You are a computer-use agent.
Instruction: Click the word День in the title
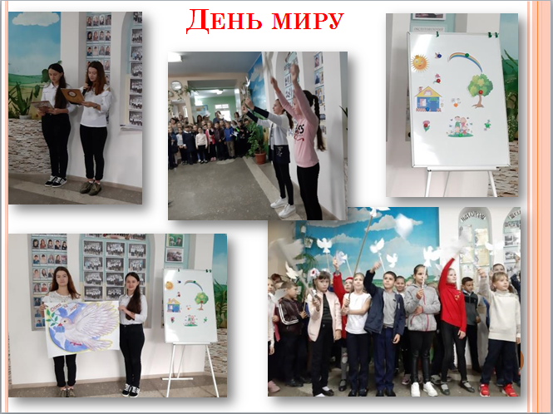click(x=224, y=21)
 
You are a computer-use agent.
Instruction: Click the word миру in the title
click(x=308, y=21)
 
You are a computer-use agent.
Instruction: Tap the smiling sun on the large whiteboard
click(x=419, y=63)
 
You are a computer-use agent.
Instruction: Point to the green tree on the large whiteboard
click(x=480, y=90)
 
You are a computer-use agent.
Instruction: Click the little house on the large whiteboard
click(x=428, y=99)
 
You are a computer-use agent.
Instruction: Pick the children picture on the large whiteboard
click(x=459, y=126)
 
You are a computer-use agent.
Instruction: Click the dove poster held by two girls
click(x=82, y=328)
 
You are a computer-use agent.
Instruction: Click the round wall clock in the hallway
click(x=176, y=86)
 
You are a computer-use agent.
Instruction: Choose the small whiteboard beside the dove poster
click(x=190, y=306)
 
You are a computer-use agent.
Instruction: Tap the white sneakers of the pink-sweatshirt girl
click(x=284, y=207)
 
